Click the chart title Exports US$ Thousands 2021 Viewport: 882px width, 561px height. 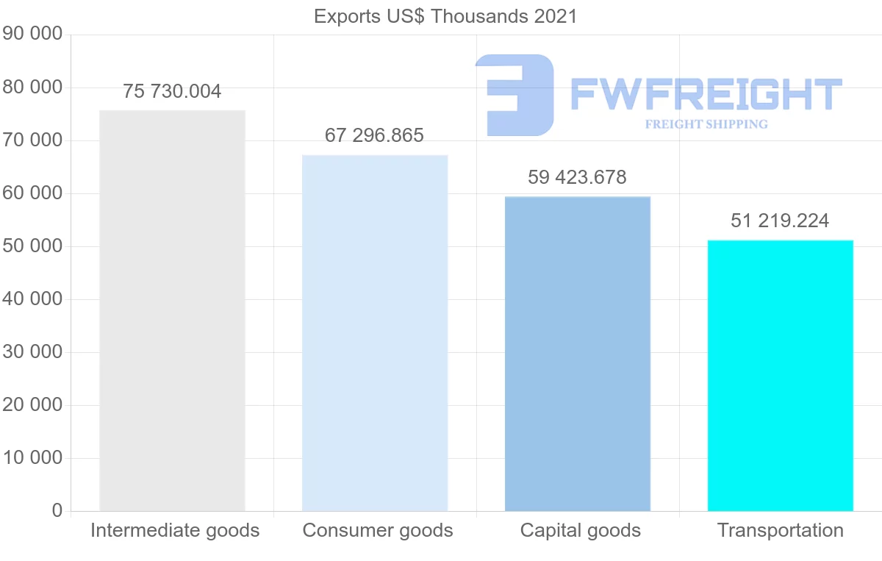pos(445,16)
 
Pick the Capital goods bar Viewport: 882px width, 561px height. pos(578,353)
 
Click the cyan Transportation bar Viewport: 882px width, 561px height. pos(780,375)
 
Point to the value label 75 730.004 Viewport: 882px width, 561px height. pos(172,92)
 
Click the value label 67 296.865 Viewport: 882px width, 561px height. pos(374,136)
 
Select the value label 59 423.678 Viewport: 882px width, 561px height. pos(577,178)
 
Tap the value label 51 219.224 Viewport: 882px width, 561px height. pos(780,221)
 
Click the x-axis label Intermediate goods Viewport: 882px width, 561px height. pos(175,530)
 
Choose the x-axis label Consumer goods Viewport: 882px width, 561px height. pos(378,530)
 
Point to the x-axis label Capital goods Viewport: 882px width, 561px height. pos(581,530)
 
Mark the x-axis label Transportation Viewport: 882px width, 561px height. pos(781,530)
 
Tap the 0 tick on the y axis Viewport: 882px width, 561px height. pos(57,511)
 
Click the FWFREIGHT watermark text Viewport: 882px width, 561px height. pos(706,95)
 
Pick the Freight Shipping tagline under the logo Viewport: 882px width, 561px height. pos(706,124)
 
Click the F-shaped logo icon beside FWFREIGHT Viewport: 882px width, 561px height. pos(514,95)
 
